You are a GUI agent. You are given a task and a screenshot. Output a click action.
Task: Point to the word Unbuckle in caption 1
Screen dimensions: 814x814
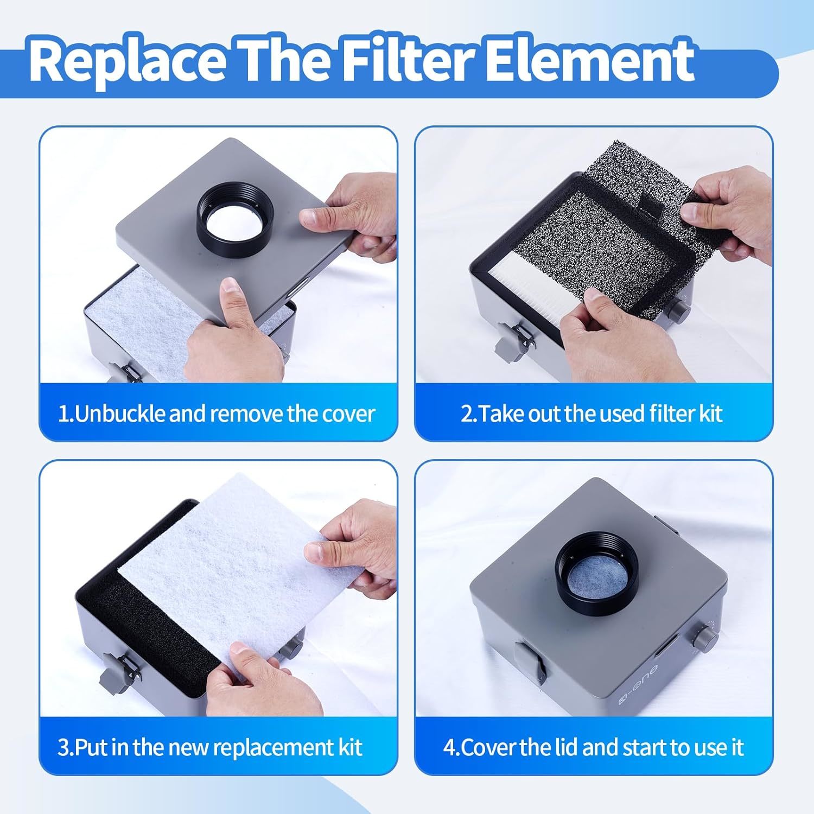point(120,414)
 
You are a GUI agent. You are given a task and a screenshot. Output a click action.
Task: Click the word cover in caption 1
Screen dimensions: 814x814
point(348,415)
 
